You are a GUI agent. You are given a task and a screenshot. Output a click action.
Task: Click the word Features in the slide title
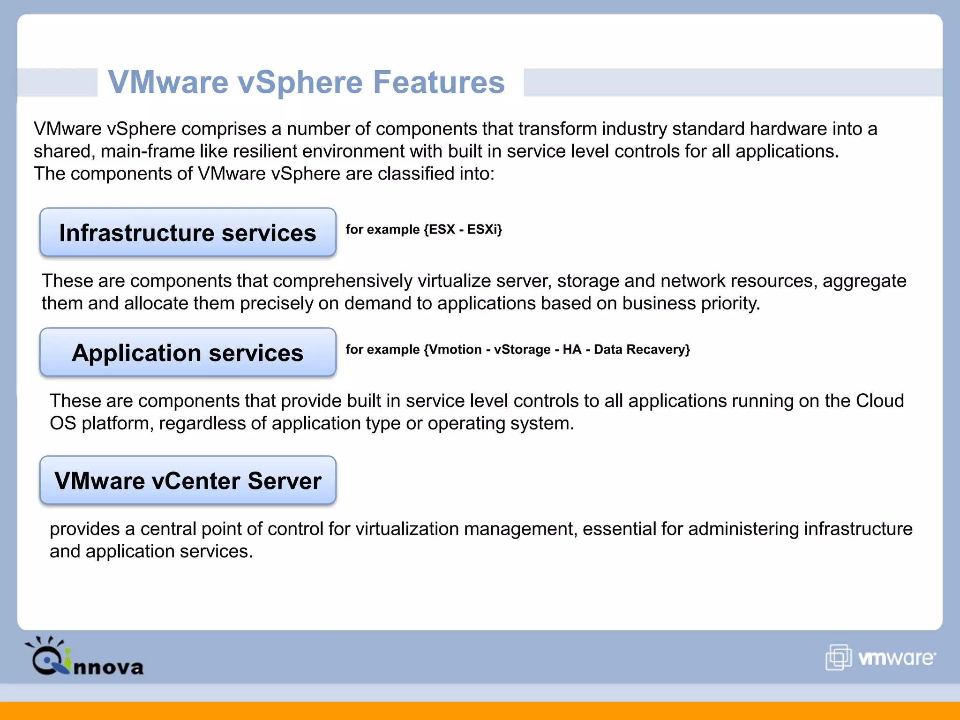coord(439,82)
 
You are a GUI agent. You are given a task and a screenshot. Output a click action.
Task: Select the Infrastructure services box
coord(188,232)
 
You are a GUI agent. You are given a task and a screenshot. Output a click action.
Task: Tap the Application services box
coord(188,352)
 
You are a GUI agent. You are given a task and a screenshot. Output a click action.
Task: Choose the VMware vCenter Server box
coord(188,480)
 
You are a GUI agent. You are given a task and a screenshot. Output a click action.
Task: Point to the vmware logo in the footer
coord(880,657)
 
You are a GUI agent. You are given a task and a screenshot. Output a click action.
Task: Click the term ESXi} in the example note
coord(485,229)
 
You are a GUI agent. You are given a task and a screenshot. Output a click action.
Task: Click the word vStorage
coord(522,349)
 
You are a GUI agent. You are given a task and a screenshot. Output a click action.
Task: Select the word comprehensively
coord(345,281)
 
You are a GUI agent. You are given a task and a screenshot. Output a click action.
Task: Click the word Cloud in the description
coord(880,401)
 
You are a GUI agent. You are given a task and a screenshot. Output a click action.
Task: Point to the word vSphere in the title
coord(300,82)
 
